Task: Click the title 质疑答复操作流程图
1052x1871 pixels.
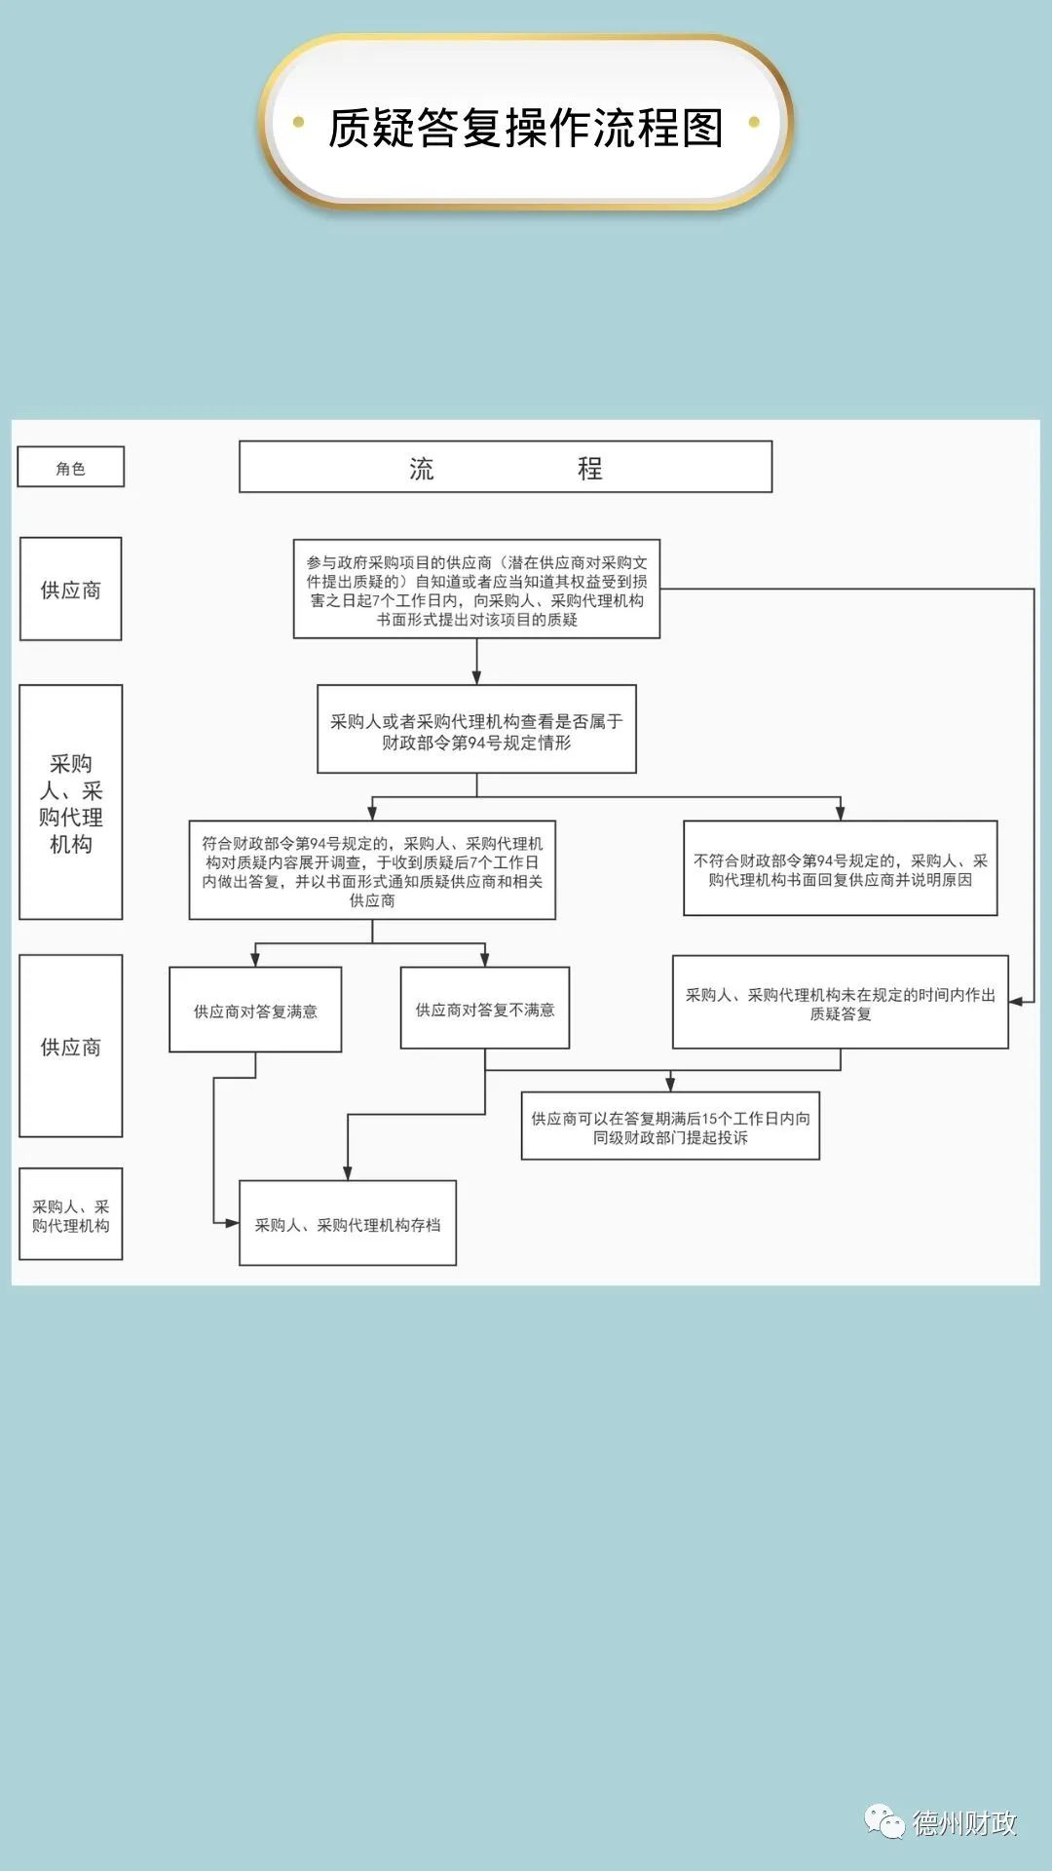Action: coord(526,128)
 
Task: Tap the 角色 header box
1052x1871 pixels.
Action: coord(71,468)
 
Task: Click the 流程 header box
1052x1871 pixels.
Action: coord(505,468)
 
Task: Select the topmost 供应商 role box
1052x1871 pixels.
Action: coord(71,590)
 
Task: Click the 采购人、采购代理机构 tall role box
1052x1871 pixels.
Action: coord(71,802)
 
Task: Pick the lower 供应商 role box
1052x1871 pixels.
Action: coord(71,1047)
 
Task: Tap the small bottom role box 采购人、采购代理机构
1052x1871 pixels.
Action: coord(71,1215)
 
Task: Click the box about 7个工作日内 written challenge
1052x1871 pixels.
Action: coord(476,590)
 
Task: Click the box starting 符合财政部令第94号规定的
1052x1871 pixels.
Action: coord(372,871)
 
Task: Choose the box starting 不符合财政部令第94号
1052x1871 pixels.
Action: coord(840,869)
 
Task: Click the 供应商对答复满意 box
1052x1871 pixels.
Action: coord(255,1011)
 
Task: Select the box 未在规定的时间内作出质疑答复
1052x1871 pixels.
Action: coord(840,1003)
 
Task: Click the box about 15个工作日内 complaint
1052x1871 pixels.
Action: coord(670,1126)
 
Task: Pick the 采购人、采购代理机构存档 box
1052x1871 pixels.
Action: coord(348,1224)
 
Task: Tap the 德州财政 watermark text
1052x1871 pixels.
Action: coord(963,1822)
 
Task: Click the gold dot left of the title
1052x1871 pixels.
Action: coord(299,123)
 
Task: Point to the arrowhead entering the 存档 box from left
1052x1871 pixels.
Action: coord(232,1223)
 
